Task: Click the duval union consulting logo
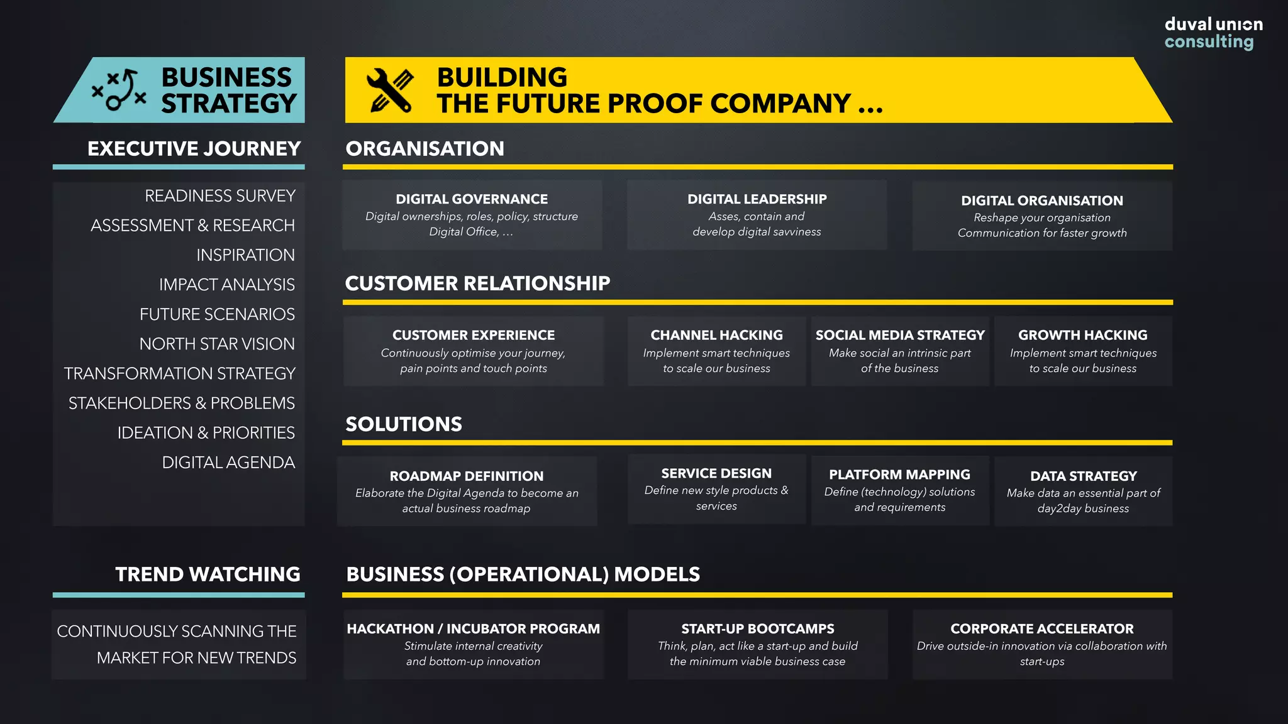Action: pos(1213,33)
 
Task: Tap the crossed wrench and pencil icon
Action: pos(390,90)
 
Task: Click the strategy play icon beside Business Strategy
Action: pos(119,90)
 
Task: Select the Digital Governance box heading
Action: pos(472,199)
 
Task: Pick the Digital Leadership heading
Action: pos(757,199)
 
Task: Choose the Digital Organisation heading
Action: pos(1041,200)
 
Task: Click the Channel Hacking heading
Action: pos(716,335)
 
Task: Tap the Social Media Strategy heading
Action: pos(899,335)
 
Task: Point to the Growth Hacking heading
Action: pos(1082,335)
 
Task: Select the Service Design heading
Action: pos(716,473)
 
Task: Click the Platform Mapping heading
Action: pos(899,474)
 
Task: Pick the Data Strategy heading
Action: pos(1083,476)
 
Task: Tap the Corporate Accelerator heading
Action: pos(1041,628)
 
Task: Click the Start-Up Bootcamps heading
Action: pos(757,628)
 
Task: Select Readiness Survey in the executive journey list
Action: pos(219,196)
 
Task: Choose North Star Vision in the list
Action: pos(217,344)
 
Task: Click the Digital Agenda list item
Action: pos(228,463)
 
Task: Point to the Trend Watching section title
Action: pos(208,574)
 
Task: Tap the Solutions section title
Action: pos(404,424)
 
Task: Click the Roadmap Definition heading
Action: pos(466,476)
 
